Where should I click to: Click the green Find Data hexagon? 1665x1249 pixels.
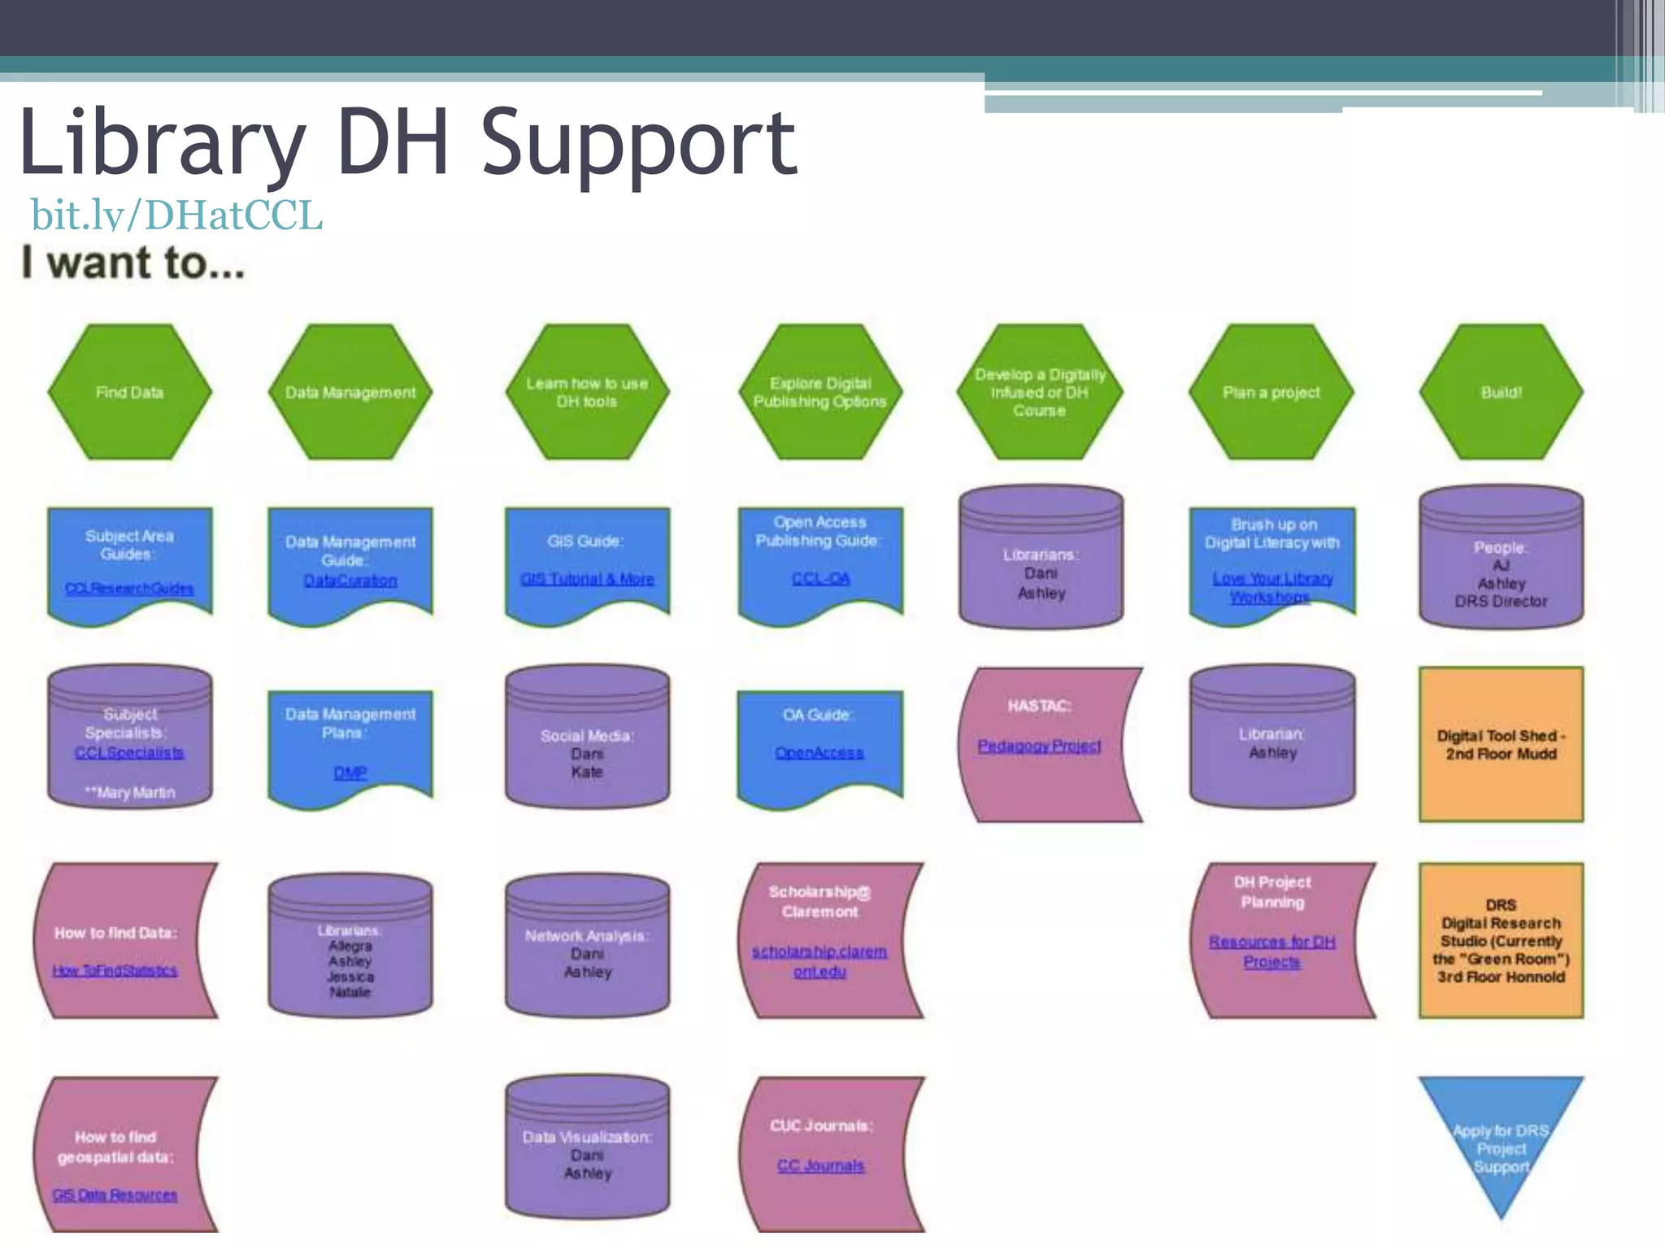pos(129,392)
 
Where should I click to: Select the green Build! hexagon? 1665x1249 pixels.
pos(1501,392)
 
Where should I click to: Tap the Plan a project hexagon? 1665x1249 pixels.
pos(1271,392)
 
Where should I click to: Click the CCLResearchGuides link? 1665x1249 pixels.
pos(129,588)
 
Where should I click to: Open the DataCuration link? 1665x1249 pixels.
pos(350,581)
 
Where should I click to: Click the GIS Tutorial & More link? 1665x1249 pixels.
pos(587,579)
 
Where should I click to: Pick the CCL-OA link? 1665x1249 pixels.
pos(820,578)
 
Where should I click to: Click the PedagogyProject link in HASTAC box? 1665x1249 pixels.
pos(1039,746)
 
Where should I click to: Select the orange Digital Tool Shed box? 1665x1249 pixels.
pos(1501,744)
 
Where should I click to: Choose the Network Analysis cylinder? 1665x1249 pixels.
pos(587,947)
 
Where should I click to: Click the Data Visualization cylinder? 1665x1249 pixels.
pos(587,1147)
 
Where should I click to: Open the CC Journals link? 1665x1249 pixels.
pos(820,1165)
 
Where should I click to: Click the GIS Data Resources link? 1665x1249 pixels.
pos(115,1195)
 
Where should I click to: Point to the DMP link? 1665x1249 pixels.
pos(350,772)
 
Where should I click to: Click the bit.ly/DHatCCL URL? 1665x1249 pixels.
pos(176,215)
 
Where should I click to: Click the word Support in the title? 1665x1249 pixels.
pos(639,145)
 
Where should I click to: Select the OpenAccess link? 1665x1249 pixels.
pos(819,753)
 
